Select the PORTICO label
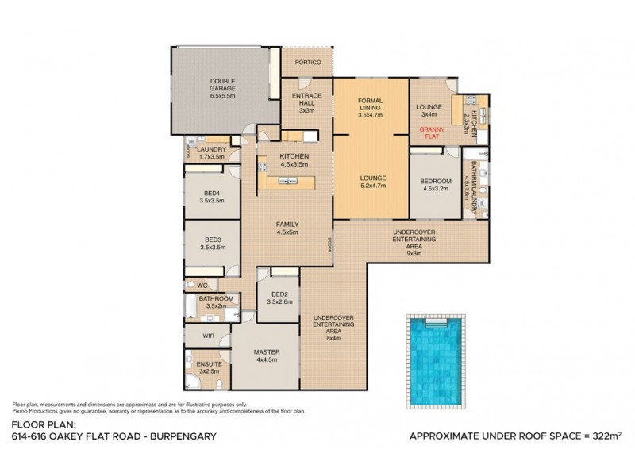pyautogui.click(x=307, y=62)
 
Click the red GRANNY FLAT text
pyautogui.click(x=433, y=129)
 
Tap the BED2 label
pyautogui.click(x=279, y=294)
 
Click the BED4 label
pyautogui.click(x=212, y=194)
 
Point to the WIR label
pyautogui.click(x=209, y=336)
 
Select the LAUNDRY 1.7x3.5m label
pyautogui.click(x=212, y=153)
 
